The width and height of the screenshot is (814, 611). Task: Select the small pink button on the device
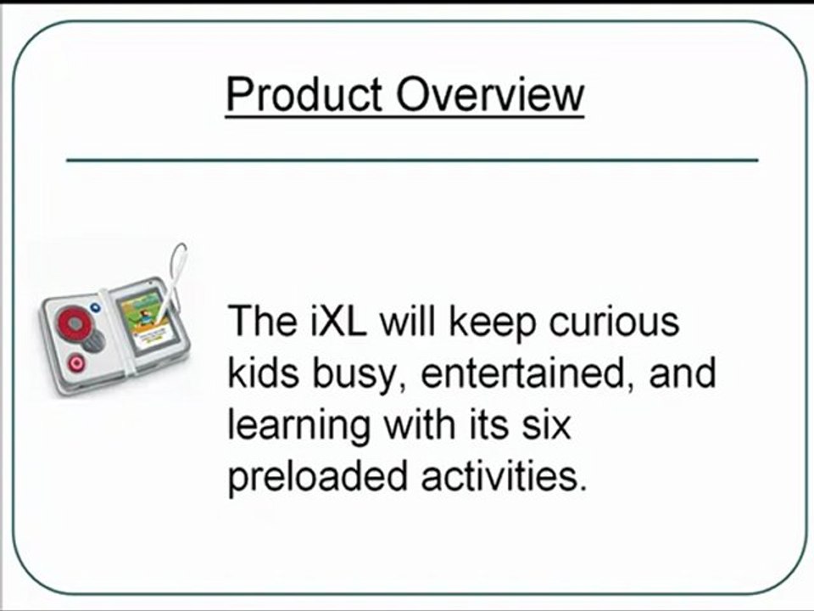pos(77,362)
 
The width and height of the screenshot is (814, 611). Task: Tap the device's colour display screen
pos(141,315)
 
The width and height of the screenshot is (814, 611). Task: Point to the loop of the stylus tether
pos(178,255)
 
